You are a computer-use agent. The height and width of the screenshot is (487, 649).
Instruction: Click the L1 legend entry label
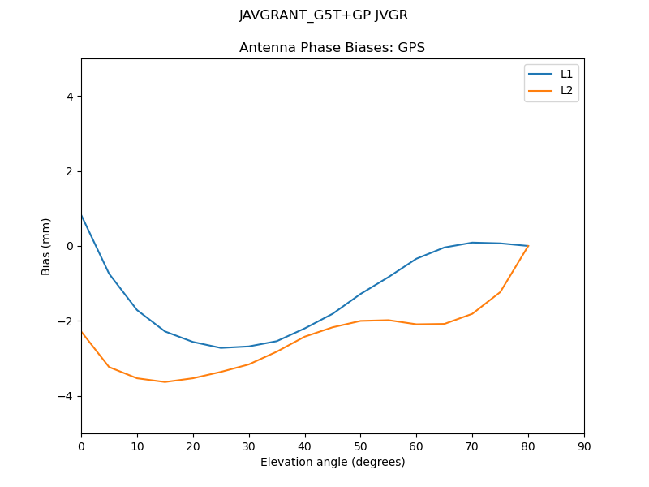click(x=566, y=74)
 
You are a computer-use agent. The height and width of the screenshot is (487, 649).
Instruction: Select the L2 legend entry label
click(x=566, y=90)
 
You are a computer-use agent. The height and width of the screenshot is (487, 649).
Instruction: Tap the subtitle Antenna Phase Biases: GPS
click(x=332, y=48)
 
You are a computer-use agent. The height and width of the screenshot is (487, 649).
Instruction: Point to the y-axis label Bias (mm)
click(x=46, y=246)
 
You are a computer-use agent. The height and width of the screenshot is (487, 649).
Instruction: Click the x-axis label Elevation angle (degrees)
click(x=333, y=462)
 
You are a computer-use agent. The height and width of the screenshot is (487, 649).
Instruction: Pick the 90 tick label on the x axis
click(x=584, y=446)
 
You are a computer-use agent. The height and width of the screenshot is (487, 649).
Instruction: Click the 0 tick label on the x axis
click(x=81, y=446)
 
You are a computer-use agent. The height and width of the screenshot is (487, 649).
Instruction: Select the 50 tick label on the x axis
click(x=360, y=446)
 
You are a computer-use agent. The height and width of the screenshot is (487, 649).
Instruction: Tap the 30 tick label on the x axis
click(x=249, y=446)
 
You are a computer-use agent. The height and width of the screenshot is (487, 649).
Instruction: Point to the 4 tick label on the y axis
click(x=70, y=97)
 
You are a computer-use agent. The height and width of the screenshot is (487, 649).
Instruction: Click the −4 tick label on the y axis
click(x=67, y=396)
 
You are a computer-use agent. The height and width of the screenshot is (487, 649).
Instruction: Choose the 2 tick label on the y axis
click(x=70, y=171)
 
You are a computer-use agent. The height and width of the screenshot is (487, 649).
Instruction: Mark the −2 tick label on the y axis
click(x=67, y=321)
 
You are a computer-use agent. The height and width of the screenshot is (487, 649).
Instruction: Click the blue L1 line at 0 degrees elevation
click(x=82, y=215)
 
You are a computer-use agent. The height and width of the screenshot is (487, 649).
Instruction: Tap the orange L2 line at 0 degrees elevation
click(x=82, y=331)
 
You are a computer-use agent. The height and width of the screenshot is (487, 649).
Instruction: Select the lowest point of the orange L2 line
click(x=165, y=381)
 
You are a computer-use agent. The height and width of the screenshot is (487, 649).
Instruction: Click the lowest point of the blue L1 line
click(x=221, y=347)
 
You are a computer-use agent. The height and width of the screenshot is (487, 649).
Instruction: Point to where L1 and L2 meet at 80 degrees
click(x=528, y=246)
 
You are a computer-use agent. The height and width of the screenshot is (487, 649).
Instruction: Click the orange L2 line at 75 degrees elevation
click(x=501, y=291)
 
